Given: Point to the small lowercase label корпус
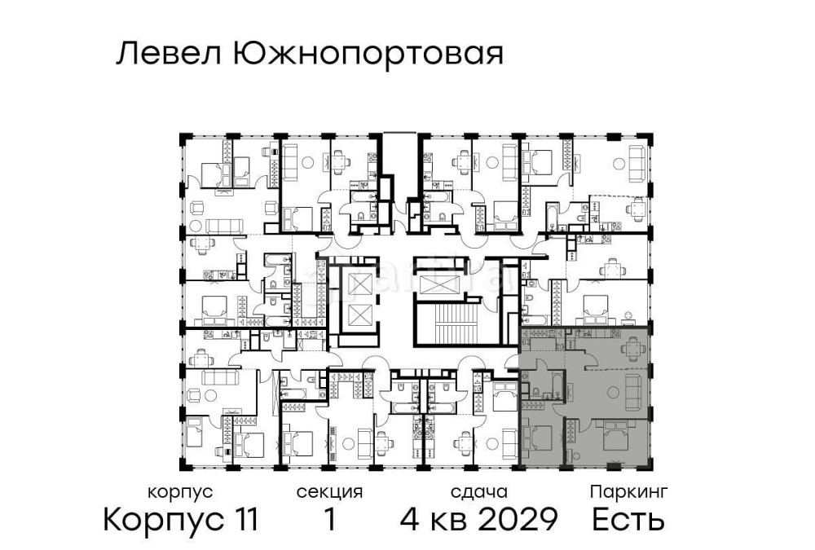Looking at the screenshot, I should (x=181, y=492).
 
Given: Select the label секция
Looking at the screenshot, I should (x=329, y=492).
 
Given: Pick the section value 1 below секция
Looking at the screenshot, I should (x=330, y=519).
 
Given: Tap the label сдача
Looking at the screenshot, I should (x=479, y=492).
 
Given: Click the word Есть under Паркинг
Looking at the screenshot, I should (x=628, y=519).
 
